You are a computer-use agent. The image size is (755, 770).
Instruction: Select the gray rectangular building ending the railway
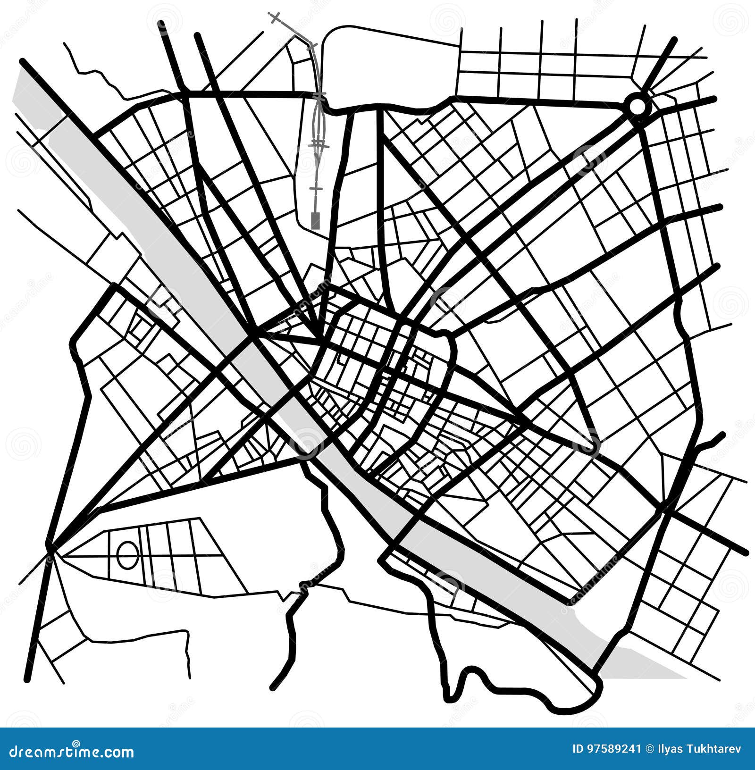(x=315, y=220)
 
